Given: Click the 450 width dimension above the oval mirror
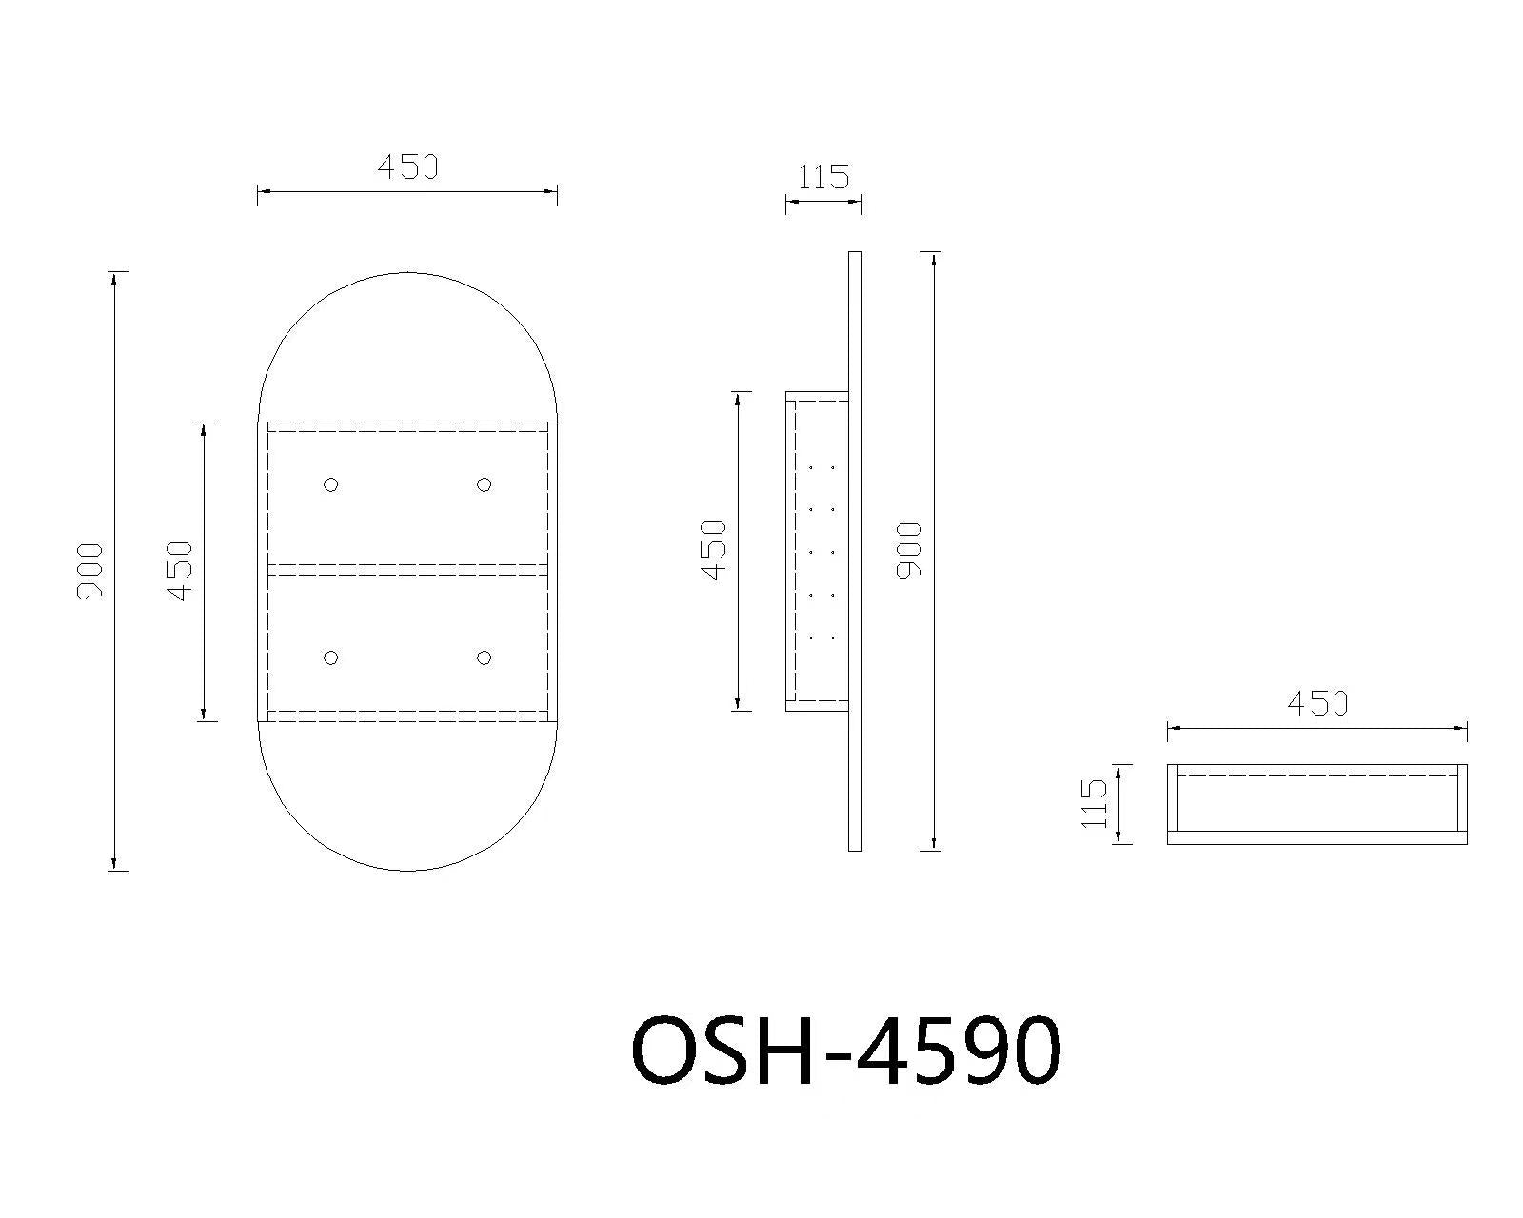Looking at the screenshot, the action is point(407,167).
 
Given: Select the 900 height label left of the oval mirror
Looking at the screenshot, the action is point(89,570).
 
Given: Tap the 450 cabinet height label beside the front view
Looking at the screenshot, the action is point(180,571).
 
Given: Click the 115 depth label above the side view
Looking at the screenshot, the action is point(823,177).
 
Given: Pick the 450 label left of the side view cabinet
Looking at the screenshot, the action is point(714,550).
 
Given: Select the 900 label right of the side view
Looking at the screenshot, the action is point(909,550).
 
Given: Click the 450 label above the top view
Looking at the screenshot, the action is point(1317,703).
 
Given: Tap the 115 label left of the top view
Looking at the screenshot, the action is point(1094,803).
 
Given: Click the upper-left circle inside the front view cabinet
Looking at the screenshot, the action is point(330,484).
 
